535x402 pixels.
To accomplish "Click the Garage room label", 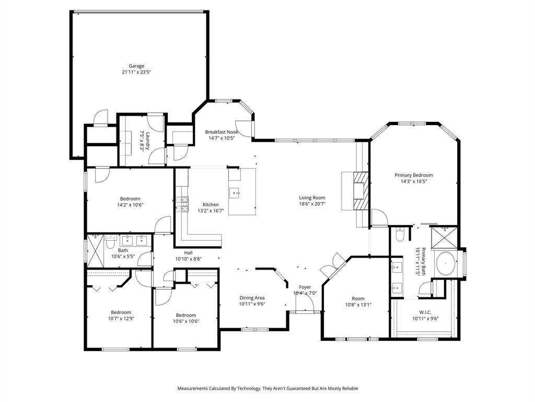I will (x=137, y=66).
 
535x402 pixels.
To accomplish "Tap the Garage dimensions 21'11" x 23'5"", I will (x=137, y=72).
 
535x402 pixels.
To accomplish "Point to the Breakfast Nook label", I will (x=221, y=132).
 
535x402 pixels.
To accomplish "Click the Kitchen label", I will (x=211, y=205).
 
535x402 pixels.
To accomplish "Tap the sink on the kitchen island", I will (x=235, y=192).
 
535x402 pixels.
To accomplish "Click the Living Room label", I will (x=312, y=198).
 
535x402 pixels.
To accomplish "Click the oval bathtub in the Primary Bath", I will (x=446, y=264).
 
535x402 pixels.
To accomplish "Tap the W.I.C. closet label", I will (x=425, y=312).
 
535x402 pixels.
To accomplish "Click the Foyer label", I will (x=305, y=287).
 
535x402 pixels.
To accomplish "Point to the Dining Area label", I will (x=252, y=298).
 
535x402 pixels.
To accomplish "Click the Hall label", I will (x=188, y=252).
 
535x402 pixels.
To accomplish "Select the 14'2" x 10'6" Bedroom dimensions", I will (x=130, y=205).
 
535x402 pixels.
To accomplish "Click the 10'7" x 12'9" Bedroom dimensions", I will (x=121, y=318).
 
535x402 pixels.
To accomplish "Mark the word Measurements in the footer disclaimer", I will (x=192, y=388).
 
